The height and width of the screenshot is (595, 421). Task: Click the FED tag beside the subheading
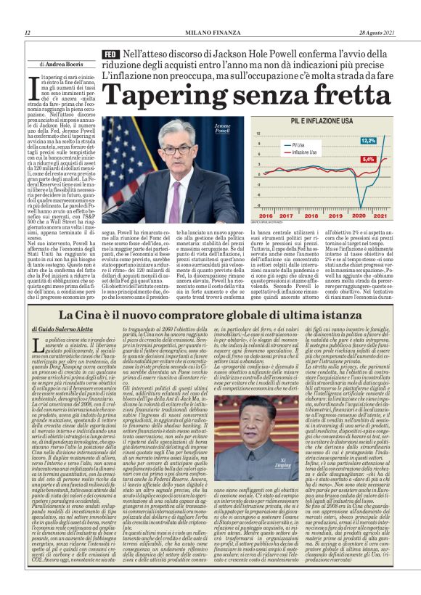point(110,55)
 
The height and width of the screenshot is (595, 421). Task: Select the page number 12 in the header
point(27,33)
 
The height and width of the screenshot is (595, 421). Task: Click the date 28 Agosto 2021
point(378,33)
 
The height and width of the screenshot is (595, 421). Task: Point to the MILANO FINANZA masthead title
point(210,33)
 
